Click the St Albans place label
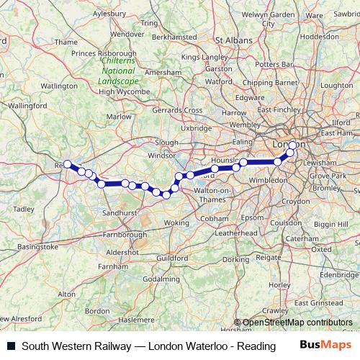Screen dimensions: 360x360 pos(231,41)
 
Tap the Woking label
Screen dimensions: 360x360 pos(175,223)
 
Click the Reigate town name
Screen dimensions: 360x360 pos(269,256)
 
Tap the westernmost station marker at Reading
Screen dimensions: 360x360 pos(67,164)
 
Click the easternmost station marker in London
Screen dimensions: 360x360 pos(292,146)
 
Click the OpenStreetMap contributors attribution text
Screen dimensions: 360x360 pos(297,323)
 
